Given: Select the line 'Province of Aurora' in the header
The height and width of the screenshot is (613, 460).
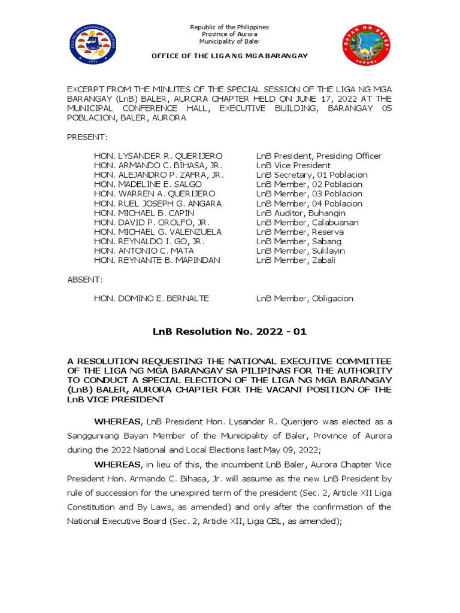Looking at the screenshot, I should tap(229, 35).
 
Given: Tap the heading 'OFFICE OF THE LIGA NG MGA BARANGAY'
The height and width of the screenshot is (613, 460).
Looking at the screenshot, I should tap(229, 56).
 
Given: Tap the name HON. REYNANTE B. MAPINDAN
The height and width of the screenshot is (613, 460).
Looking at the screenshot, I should tap(157, 260).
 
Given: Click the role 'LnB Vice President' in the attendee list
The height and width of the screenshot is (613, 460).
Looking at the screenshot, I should tap(293, 166).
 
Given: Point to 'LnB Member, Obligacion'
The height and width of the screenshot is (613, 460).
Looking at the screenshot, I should tap(305, 299).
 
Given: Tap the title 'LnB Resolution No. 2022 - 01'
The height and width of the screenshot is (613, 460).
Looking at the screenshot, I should tap(229, 332).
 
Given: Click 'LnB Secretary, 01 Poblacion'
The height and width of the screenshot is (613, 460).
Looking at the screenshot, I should tap(311, 175).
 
